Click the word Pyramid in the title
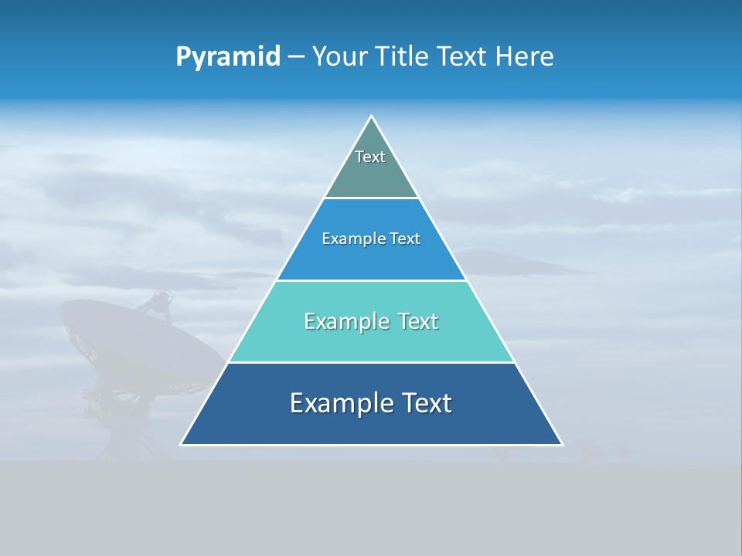click(228, 56)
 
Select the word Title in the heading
click(403, 56)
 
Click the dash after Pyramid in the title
click(296, 57)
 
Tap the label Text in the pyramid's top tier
click(370, 157)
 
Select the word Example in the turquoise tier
click(346, 321)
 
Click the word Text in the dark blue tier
click(427, 403)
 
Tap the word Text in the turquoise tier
click(417, 321)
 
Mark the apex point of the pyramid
click(372, 117)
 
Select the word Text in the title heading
click(464, 56)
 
